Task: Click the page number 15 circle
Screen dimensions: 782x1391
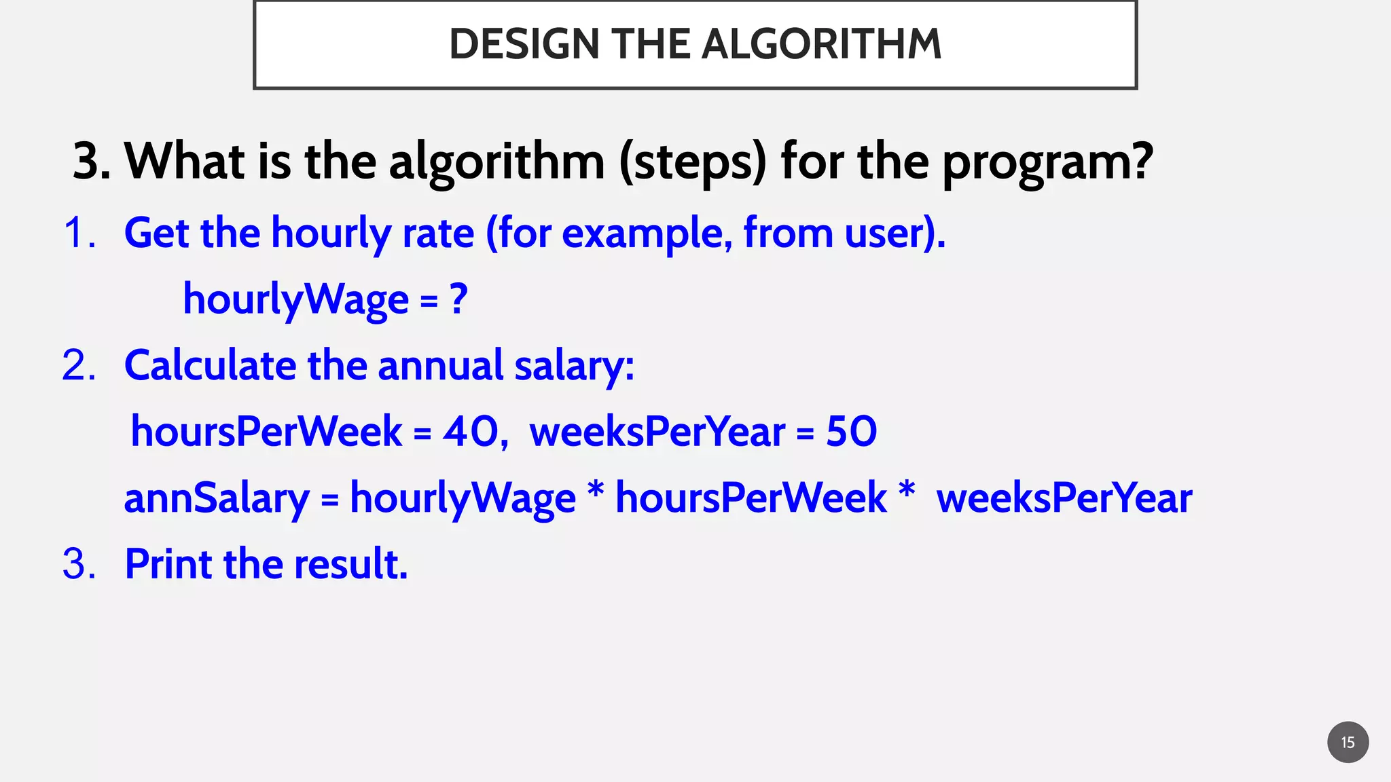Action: (x=1348, y=742)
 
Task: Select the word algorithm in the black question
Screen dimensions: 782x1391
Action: (x=496, y=163)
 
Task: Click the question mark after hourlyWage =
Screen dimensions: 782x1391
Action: (x=459, y=299)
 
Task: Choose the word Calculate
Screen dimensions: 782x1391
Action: (x=210, y=365)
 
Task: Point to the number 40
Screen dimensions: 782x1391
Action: (x=471, y=431)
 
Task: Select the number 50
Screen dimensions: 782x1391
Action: (x=851, y=431)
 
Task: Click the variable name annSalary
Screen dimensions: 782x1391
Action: (x=216, y=498)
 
